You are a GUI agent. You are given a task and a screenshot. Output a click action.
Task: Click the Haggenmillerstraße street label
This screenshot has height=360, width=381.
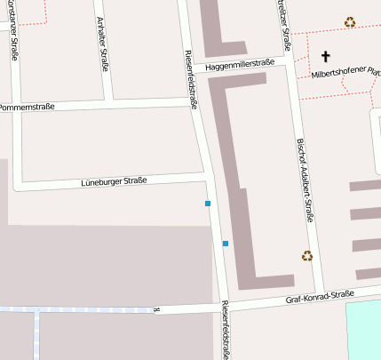point(238,64)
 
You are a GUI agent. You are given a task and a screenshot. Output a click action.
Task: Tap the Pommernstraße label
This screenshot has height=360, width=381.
point(28,107)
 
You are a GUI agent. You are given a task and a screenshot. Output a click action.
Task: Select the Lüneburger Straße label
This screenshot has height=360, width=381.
point(114,181)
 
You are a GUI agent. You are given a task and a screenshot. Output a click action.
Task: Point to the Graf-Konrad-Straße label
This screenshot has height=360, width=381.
point(320,296)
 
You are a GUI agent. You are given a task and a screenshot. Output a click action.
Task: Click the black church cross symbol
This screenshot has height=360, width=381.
point(325,56)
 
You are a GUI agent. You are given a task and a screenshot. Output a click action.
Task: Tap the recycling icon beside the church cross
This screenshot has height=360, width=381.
point(350,22)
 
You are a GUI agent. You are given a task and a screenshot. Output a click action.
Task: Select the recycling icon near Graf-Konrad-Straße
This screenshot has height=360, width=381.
point(307,256)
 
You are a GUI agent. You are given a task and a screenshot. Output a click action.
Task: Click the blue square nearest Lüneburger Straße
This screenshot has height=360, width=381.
point(208,204)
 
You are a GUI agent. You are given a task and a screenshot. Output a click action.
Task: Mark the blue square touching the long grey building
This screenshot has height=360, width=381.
point(226,243)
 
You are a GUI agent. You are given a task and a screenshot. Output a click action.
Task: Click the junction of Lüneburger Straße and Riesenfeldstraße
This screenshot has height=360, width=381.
point(210,182)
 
